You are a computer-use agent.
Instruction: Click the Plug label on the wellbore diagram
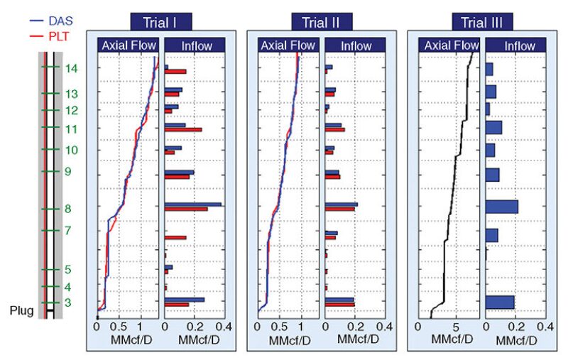coord(21,310)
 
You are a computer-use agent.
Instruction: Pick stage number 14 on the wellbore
coord(71,69)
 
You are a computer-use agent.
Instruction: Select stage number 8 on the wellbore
coord(68,209)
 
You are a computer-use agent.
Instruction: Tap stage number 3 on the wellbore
coord(68,303)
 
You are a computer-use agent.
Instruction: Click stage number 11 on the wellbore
coord(71,129)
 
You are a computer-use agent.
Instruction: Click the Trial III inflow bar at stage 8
coord(502,207)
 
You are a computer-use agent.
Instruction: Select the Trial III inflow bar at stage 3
coord(500,302)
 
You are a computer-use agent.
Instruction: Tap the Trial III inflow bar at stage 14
coord(489,69)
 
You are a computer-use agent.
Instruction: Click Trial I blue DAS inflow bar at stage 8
coord(192,204)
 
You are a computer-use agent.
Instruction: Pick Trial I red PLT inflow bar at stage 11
coord(183,129)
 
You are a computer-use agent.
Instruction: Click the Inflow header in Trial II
coord(355,46)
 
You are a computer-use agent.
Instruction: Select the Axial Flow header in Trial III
coord(451,46)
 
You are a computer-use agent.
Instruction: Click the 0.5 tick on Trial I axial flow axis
coord(119,329)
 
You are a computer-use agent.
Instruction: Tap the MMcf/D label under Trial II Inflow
coord(355,341)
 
